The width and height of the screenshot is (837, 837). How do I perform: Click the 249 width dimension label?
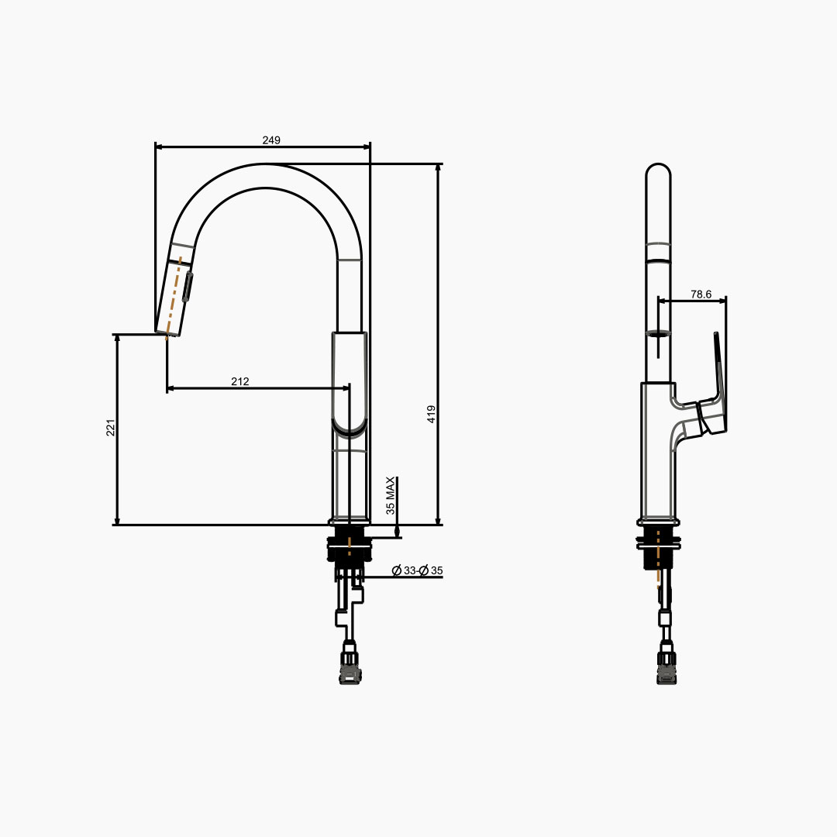click(271, 140)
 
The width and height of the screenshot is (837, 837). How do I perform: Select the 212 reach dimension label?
click(240, 381)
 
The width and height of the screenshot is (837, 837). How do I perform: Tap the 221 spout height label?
click(111, 428)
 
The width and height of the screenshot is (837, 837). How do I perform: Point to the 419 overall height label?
click(432, 414)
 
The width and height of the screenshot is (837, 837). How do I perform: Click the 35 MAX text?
click(391, 496)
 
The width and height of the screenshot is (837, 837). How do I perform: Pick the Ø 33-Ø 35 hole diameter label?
click(418, 570)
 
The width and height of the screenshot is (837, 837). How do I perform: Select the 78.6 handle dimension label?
click(701, 294)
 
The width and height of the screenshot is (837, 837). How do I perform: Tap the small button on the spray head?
click(188, 287)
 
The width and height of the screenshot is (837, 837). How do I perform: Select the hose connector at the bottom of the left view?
click(350, 667)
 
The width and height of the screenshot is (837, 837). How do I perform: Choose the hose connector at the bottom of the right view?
click(666, 667)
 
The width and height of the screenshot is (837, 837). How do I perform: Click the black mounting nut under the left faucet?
click(350, 546)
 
